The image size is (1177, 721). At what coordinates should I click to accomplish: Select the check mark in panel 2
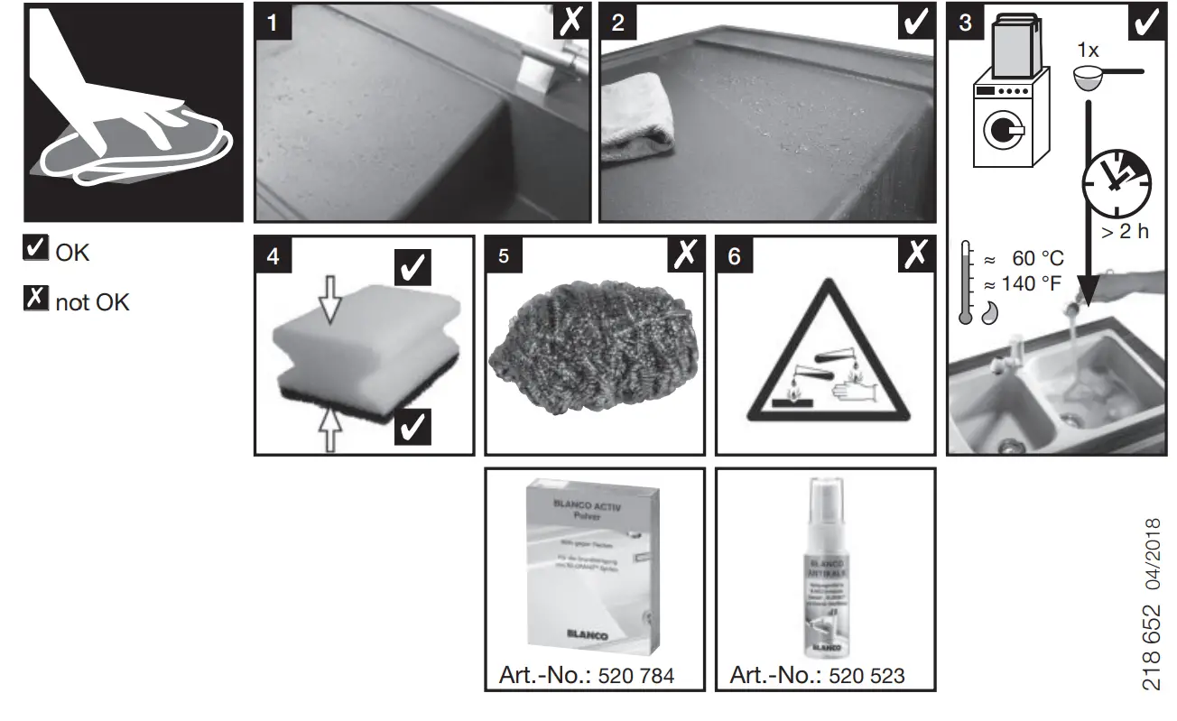point(917,23)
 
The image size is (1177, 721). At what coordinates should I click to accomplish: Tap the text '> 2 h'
point(1124,232)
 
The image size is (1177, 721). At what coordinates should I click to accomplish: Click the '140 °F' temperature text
point(1036,283)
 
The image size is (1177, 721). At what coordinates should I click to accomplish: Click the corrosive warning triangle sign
point(825,361)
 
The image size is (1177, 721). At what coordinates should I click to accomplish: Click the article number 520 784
point(636,675)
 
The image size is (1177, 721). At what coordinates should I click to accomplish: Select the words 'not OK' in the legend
point(92,302)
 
